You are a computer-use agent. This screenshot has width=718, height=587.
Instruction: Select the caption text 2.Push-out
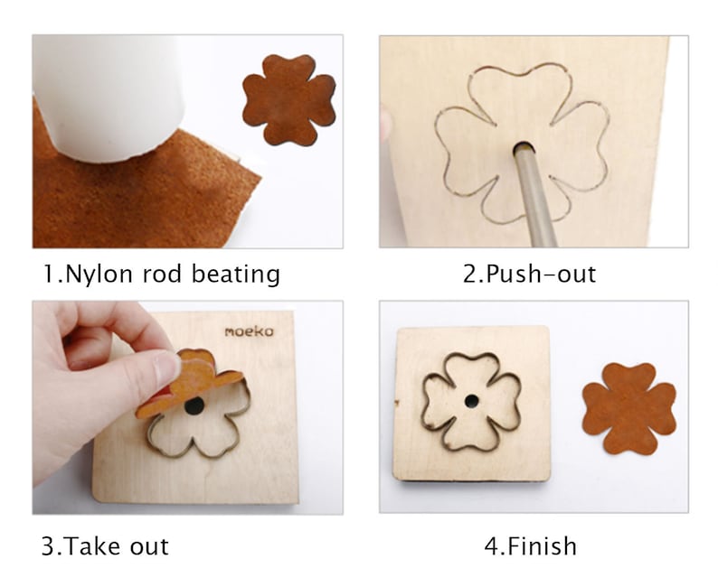click(x=529, y=274)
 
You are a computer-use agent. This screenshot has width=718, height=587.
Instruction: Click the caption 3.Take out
click(x=105, y=545)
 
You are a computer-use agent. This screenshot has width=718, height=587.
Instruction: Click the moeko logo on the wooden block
click(x=249, y=331)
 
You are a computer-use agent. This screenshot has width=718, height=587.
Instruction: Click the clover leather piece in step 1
click(x=288, y=98)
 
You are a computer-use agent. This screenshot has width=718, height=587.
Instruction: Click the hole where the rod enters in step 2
click(x=524, y=146)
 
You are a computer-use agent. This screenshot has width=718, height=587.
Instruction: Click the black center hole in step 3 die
click(x=194, y=406)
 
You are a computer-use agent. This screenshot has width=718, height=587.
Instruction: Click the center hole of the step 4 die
click(x=471, y=400)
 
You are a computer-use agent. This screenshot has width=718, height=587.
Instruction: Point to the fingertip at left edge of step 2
click(x=386, y=122)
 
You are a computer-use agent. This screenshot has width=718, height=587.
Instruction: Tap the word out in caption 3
click(x=146, y=545)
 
